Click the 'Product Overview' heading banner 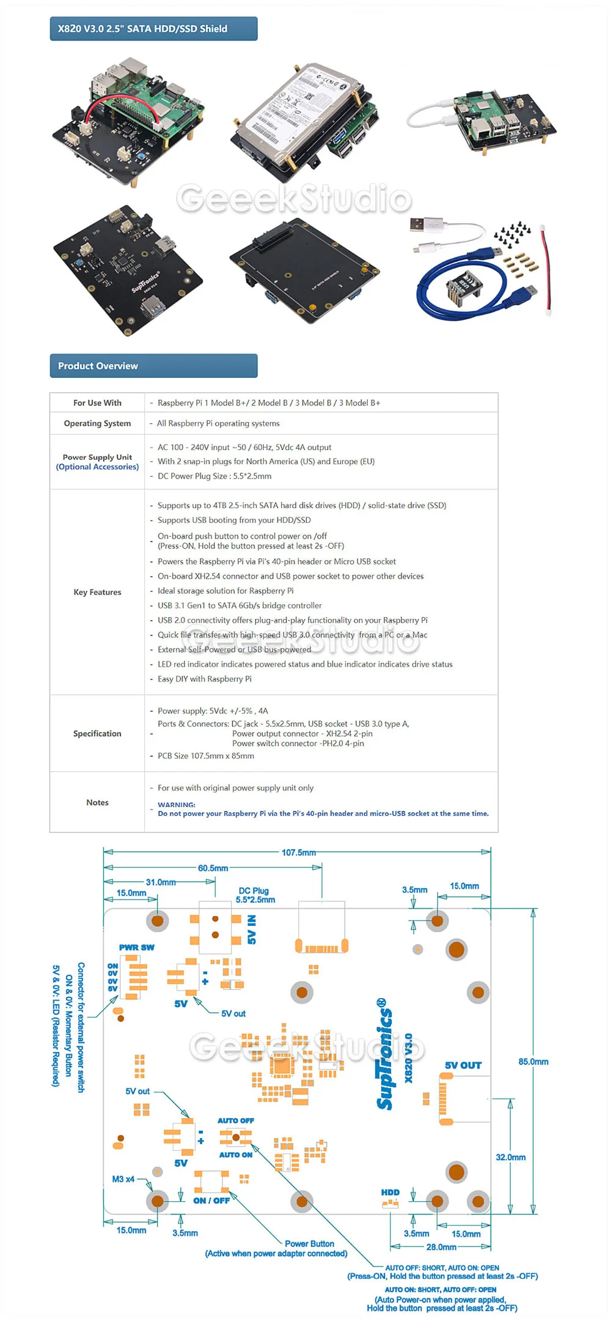[153, 366]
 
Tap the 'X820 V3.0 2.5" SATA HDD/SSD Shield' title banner [153, 29]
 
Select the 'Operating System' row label [97, 423]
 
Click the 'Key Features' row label [97, 592]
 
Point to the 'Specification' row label [97, 733]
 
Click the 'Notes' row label [97, 802]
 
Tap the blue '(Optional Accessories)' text [97, 467]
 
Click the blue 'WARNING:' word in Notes [177, 805]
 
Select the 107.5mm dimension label [298, 853]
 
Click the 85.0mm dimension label [533, 1062]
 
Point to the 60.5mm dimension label [213, 868]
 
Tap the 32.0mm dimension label [511, 1157]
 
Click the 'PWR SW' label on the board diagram [137, 947]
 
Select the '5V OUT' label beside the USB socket [463, 1065]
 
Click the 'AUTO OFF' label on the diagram [235, 1120]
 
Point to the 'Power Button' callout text [309, 1243]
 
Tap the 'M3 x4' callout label [123, 1179]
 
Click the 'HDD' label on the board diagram [390, 1192]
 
